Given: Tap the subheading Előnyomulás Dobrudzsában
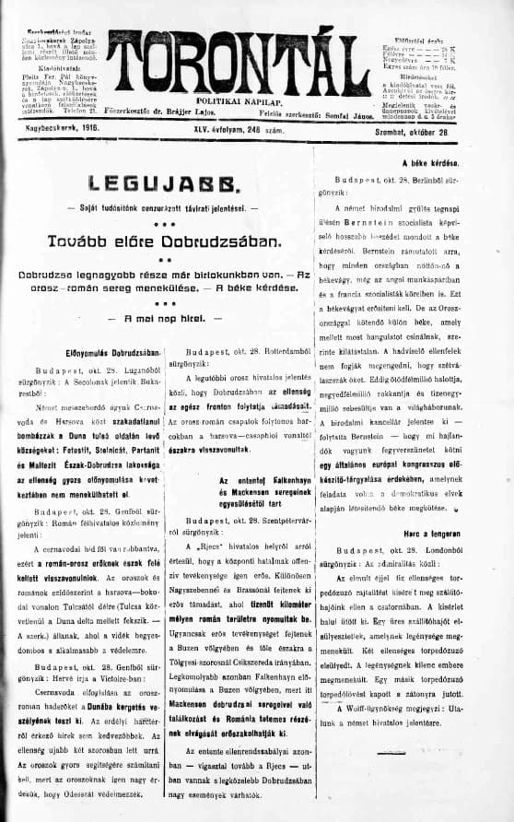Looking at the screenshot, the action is (x=102, y=352).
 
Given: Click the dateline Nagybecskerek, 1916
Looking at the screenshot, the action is (x=61, y=134).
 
